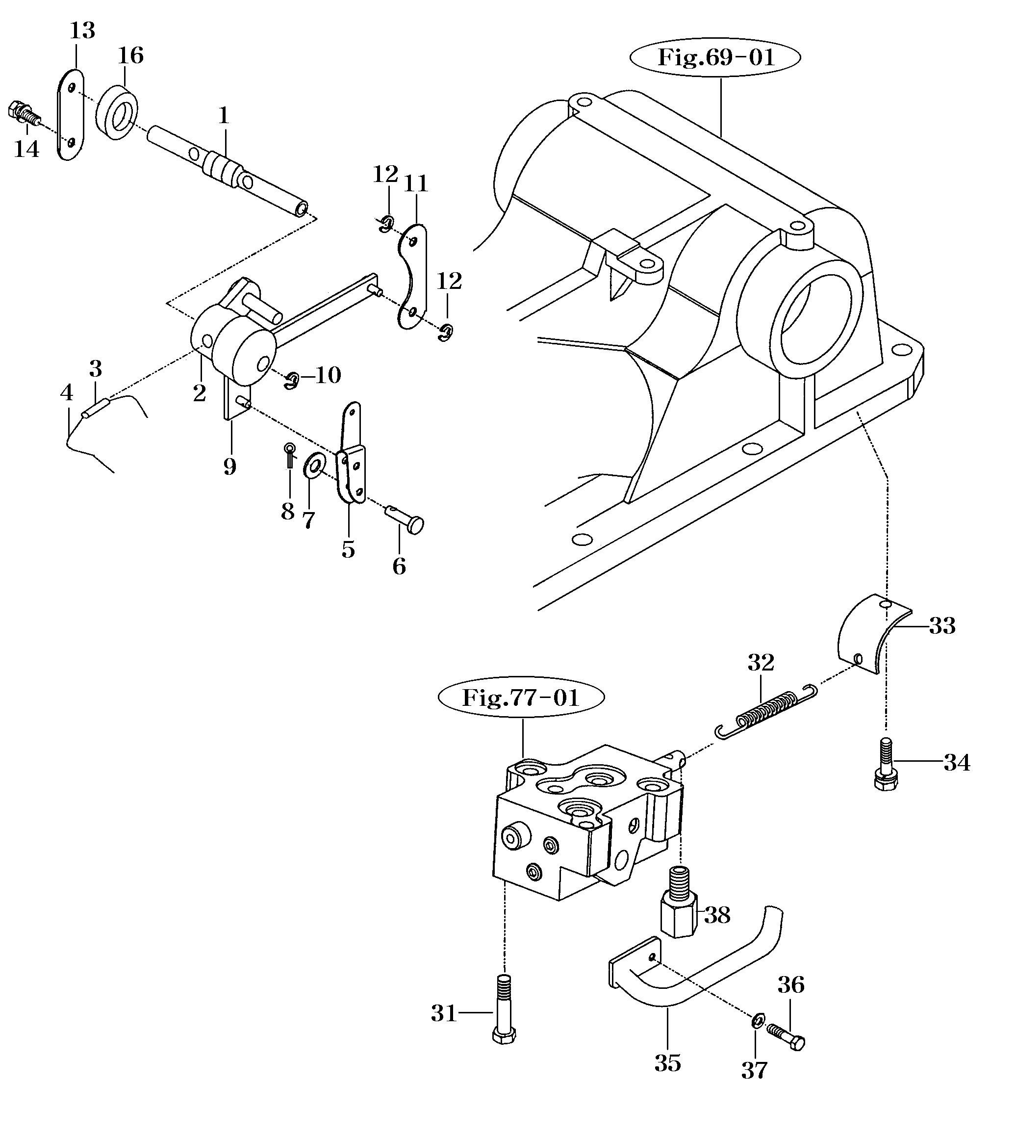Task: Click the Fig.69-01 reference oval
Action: click(716, 57)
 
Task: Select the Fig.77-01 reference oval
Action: click(521, 697)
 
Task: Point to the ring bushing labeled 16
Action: click(117, 112)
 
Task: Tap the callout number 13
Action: click(82, 31)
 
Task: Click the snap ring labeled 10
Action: click(291, 382)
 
